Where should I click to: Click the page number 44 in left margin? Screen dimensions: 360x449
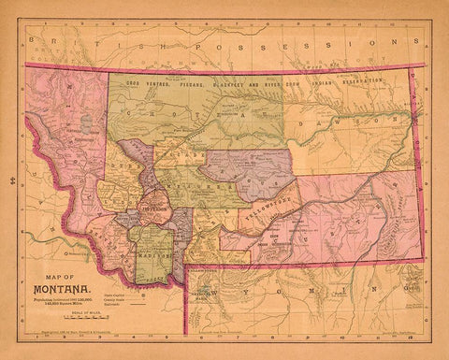[8, 174]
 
